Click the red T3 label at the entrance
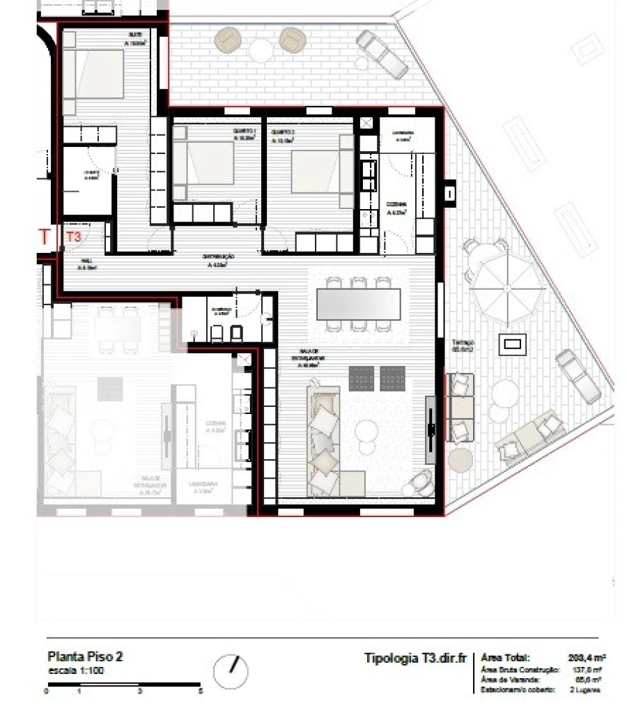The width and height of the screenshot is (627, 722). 73,236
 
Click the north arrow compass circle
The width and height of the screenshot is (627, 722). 231,671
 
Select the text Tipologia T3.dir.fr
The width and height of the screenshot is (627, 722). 415,658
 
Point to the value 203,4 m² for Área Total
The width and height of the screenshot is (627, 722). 586,657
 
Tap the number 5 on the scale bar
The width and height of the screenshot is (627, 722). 201,691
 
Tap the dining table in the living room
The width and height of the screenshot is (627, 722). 358,304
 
